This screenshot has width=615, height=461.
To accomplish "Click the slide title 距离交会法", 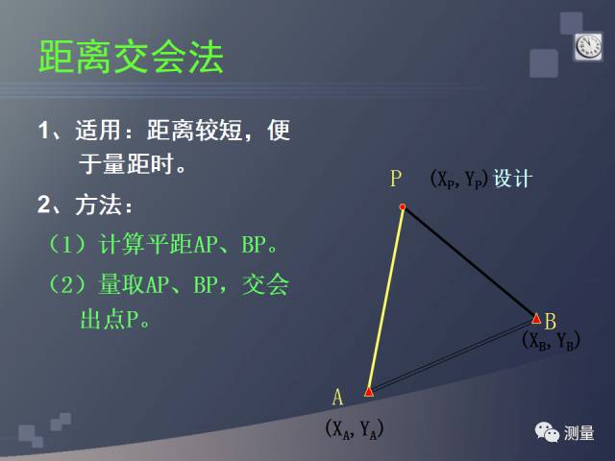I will (x=131, y=59).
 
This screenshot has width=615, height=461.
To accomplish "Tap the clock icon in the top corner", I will (x=587, y=46).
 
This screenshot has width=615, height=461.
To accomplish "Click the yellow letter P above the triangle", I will (x=396, y=179).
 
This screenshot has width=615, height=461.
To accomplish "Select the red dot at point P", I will (x=403, y=207).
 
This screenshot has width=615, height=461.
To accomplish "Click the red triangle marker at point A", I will (x=369, y=391).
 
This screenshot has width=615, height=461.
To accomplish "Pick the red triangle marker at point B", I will (x=536, y=318).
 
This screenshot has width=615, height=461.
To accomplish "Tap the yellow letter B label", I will (x=551, y=321).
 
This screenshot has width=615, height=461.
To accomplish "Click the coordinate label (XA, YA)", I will (x=354, y=429).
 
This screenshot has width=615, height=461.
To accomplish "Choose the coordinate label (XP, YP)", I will (x=458, y=179).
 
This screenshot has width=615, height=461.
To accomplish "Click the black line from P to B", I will (x=469, y=261).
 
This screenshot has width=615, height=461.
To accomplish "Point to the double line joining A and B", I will (x=452, y=355).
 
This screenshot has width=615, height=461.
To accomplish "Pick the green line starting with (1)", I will (x=163, y=245).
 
